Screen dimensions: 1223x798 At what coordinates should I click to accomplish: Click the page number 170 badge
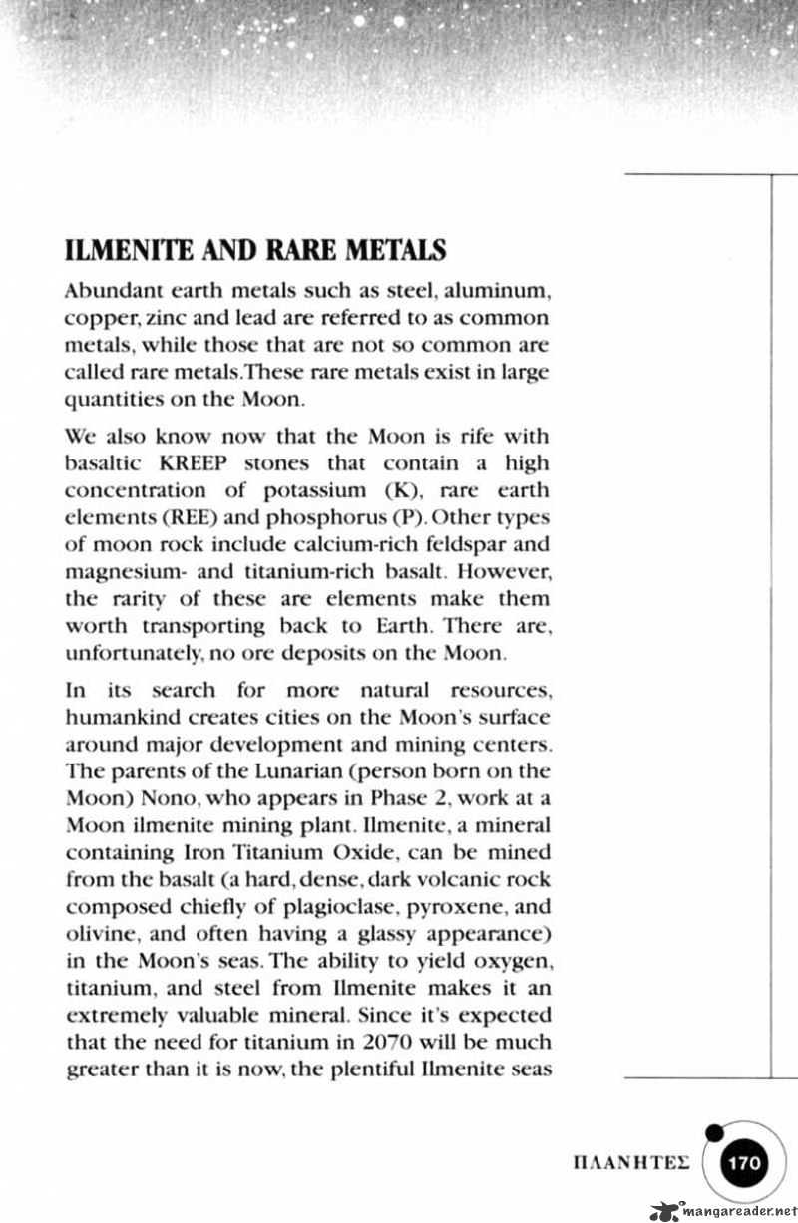[745, 1162]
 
